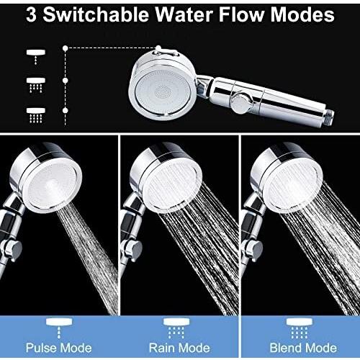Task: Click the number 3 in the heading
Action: point(31,15)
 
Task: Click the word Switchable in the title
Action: point(96,15)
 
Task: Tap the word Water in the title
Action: point(184,15)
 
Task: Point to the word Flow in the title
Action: point(242,15)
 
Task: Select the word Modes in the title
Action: point(302,15)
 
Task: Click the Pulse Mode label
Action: point(59,348)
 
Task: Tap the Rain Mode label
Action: point(179,348)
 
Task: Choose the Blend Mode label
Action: point(303,348)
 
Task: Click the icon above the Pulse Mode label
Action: point(59,328)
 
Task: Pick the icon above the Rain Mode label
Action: point(176,328)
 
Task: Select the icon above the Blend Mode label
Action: point(300,328)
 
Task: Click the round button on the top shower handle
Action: point(241,104)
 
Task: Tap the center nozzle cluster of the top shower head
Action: point(163,92)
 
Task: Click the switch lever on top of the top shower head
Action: point(167,51)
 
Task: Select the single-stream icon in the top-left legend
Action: point(36,57)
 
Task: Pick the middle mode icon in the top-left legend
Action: point(36,86)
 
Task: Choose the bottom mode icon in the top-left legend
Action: point(36,115)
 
